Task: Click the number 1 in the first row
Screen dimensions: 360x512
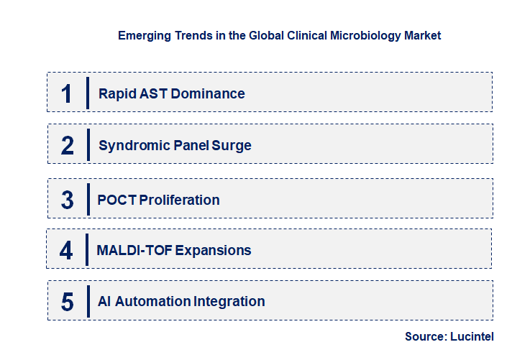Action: [x=67, y=93]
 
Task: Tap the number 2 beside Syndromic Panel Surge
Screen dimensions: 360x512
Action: [x=68, y=146]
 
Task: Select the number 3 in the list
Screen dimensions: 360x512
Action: [x=68, y=200]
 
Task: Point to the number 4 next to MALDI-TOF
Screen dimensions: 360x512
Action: [x=66, y=251]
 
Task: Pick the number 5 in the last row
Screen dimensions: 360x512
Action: [x=68, y=302]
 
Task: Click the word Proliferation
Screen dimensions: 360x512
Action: [x=179, y=200]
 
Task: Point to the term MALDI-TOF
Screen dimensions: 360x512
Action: [x=134, y=251]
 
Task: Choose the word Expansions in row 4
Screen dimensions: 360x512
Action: [x=214, y=251]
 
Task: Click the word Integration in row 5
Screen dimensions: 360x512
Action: [x=229, y=302]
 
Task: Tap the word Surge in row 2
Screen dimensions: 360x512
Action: [x=233, y=146]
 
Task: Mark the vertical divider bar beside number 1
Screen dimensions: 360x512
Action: [x=88, y=93]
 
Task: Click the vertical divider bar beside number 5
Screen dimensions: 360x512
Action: [x=88, y=302]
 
